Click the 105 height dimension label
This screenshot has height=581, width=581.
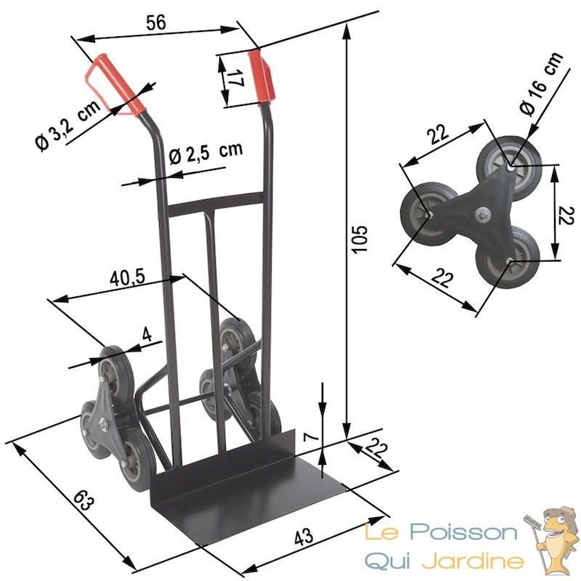360,239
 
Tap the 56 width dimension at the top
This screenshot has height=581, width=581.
156,23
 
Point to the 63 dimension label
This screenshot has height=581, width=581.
84,500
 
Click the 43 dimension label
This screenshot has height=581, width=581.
304,536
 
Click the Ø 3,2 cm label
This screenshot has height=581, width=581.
68,125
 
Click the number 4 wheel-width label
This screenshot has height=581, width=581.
147,335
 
